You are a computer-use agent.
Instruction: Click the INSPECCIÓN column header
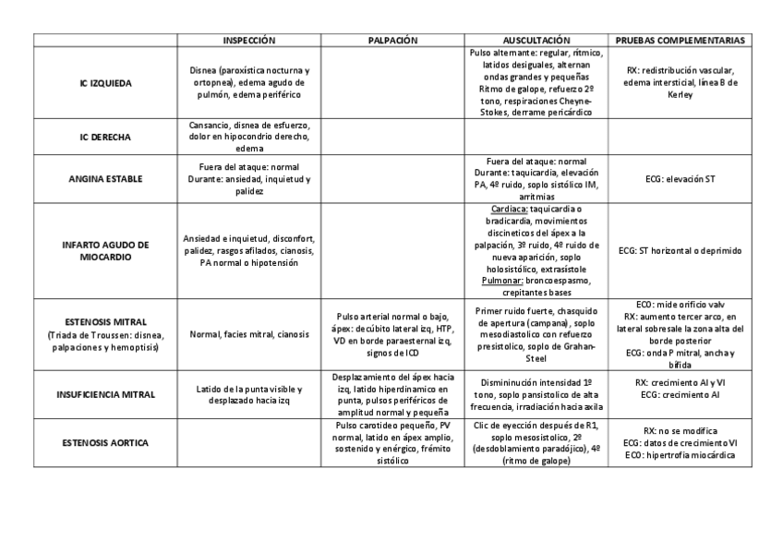coord(249,41)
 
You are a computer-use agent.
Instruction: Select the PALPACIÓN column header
coord(392,41)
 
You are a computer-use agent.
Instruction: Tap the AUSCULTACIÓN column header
coord(536,41)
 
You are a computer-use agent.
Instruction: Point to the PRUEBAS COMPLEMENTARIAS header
coord(681,41)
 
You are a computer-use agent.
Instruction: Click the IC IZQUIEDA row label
coord(105,83)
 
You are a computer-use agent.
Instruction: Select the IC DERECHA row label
coord(105,137)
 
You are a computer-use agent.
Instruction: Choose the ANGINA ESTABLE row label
coord(105,179)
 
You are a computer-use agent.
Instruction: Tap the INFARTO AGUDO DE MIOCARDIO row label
coord(105,250)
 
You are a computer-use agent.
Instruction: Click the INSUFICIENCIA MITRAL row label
coord(105,394)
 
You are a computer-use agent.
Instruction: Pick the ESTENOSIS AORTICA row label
coord(105,443)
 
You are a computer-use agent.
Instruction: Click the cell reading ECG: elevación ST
coord(681,179)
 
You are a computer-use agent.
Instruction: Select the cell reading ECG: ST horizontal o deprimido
coord(681,250)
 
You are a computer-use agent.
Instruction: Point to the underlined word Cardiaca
coord(509,209)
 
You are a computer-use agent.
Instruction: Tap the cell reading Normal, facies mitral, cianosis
coord(249,334)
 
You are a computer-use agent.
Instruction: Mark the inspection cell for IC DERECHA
coord(249,137)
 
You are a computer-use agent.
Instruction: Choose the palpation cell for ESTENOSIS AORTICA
coord(392,443)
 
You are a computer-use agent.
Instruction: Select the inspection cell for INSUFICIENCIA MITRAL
coord(249,394)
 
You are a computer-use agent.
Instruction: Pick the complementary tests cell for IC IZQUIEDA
coord(681,83)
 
